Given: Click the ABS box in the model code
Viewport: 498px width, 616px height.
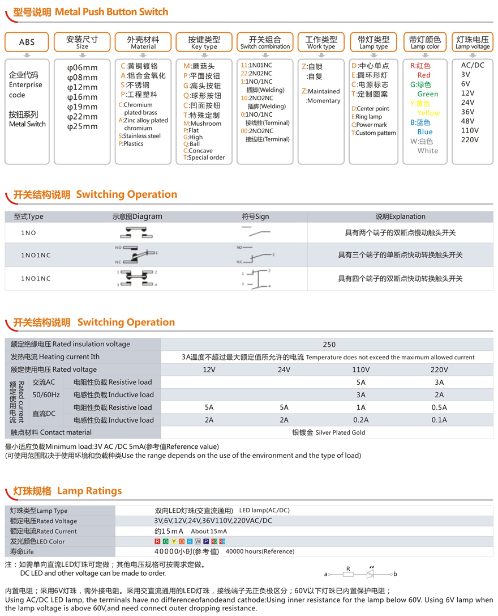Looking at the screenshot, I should (27, 42).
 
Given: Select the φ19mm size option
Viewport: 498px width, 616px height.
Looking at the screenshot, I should (82, 107).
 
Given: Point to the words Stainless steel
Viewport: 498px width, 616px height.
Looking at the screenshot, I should (141, 136).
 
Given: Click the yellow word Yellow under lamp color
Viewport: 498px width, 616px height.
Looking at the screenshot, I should (428, 113).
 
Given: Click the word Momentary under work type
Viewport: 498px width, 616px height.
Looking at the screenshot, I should (323, 101).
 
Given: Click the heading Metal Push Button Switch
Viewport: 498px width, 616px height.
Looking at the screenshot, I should (111, 11).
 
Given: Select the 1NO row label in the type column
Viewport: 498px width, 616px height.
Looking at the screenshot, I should (28, 233).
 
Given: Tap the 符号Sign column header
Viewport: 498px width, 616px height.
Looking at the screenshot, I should (255, 216).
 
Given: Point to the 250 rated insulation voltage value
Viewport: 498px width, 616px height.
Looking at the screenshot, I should (329, 345).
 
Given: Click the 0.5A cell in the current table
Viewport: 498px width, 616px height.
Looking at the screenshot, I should (439, 407).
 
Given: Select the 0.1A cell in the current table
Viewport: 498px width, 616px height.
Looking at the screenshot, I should (439, 420).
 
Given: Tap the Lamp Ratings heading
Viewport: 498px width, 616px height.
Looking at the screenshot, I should (89, 491).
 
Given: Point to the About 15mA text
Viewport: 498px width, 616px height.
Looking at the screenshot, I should (209, 532).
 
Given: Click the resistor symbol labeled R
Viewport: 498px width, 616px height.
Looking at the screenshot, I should (349, 574).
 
